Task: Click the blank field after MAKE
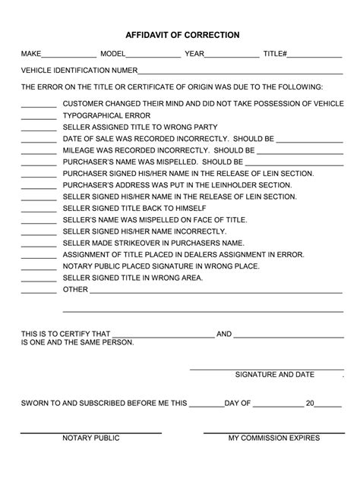pyautogui.click(x=68, y=57)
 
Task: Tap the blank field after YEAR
pyautogui.click(x=232, y=57)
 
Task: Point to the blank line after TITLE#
pyautogui.click(x=314, y=57)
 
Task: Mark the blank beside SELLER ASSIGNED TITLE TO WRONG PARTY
pyautogui.click(x=39, y=128)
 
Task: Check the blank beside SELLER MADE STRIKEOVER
pyautogui.click(x=39, y=244)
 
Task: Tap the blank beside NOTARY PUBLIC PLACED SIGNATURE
pyautogui.click(x=39, y=267)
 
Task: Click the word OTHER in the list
pyautogui.click(x=75, y=290)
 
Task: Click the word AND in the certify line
pyautogui.click(x=224, y=334)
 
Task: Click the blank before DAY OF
pyautogui.click(x=206, y=404)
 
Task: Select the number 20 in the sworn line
pyautogui.click(x=309, y=404)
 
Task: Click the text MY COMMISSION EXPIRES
pyautogui.click(x=274, y=439)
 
